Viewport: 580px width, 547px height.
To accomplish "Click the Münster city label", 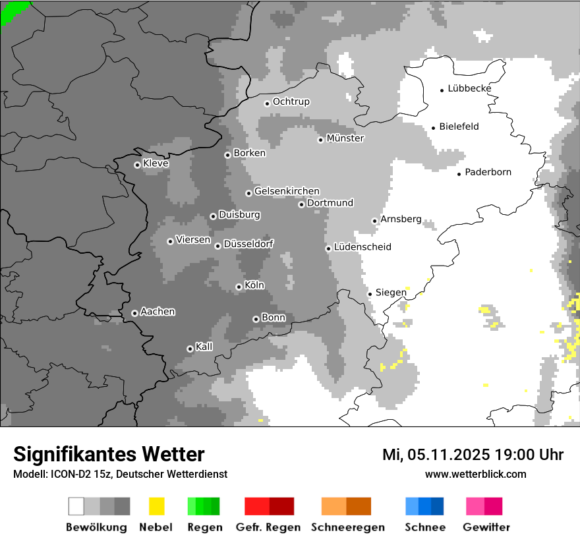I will point(345,138).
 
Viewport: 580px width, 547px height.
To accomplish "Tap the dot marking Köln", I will point(239,287).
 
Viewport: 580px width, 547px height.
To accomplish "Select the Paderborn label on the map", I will point(488,173).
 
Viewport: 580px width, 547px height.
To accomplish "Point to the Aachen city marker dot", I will point(134,313).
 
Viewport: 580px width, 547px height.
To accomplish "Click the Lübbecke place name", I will point(469,88).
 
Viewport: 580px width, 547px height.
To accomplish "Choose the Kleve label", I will point(156,163).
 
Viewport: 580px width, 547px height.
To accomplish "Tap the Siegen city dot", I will point(370,294).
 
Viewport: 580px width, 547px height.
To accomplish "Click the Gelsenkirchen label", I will point(287,191).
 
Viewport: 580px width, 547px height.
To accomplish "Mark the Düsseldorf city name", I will point(248,244).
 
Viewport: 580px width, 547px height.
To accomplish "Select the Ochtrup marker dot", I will point(267,103).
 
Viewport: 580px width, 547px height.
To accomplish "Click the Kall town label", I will point(204,347).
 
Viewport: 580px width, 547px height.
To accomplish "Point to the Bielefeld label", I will point(459,127).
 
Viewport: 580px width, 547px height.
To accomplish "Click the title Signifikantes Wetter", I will point(109,454).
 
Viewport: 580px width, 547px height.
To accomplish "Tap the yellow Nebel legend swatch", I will point(156,506).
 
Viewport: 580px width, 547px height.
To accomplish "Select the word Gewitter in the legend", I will point(486,527).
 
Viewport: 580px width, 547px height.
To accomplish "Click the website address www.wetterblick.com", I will point(475,474).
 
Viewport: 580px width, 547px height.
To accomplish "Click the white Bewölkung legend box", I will point(76,506).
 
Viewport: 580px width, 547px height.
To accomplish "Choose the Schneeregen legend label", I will point(348,527).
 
